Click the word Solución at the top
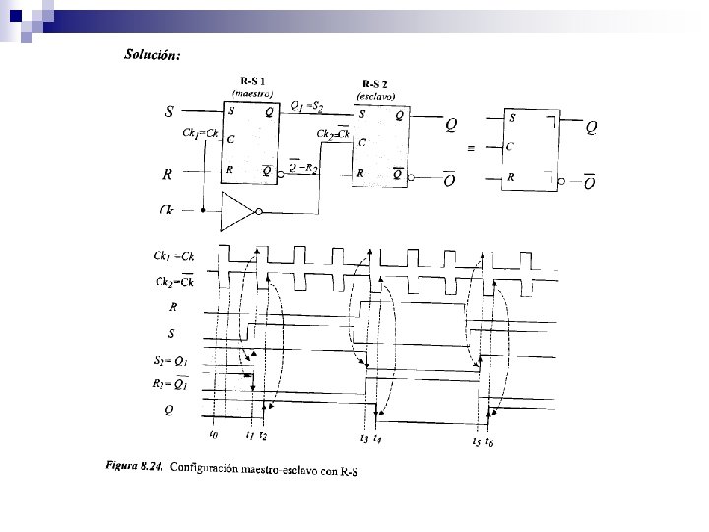pyautogui.click(x=152, y=55)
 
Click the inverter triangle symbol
pyautogui.click(x=240, y=209)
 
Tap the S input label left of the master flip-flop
pyautogui.click(x=170, y=112)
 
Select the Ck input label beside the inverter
pyautogui.click(x=167, y=210)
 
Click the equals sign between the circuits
pyautogui.click(x=471, y=149)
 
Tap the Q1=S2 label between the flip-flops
pyautogui.click(x=315, y=106)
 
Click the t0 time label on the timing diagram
pyautogui.click(x=214, y=433)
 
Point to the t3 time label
pyautogui.click(x=365, y=438)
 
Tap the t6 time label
pyautogui.click(x=490, y=442)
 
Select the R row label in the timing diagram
pyautogui.click(x=173, y=307)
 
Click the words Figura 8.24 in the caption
pyautogui.click(x=133, y=463)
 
